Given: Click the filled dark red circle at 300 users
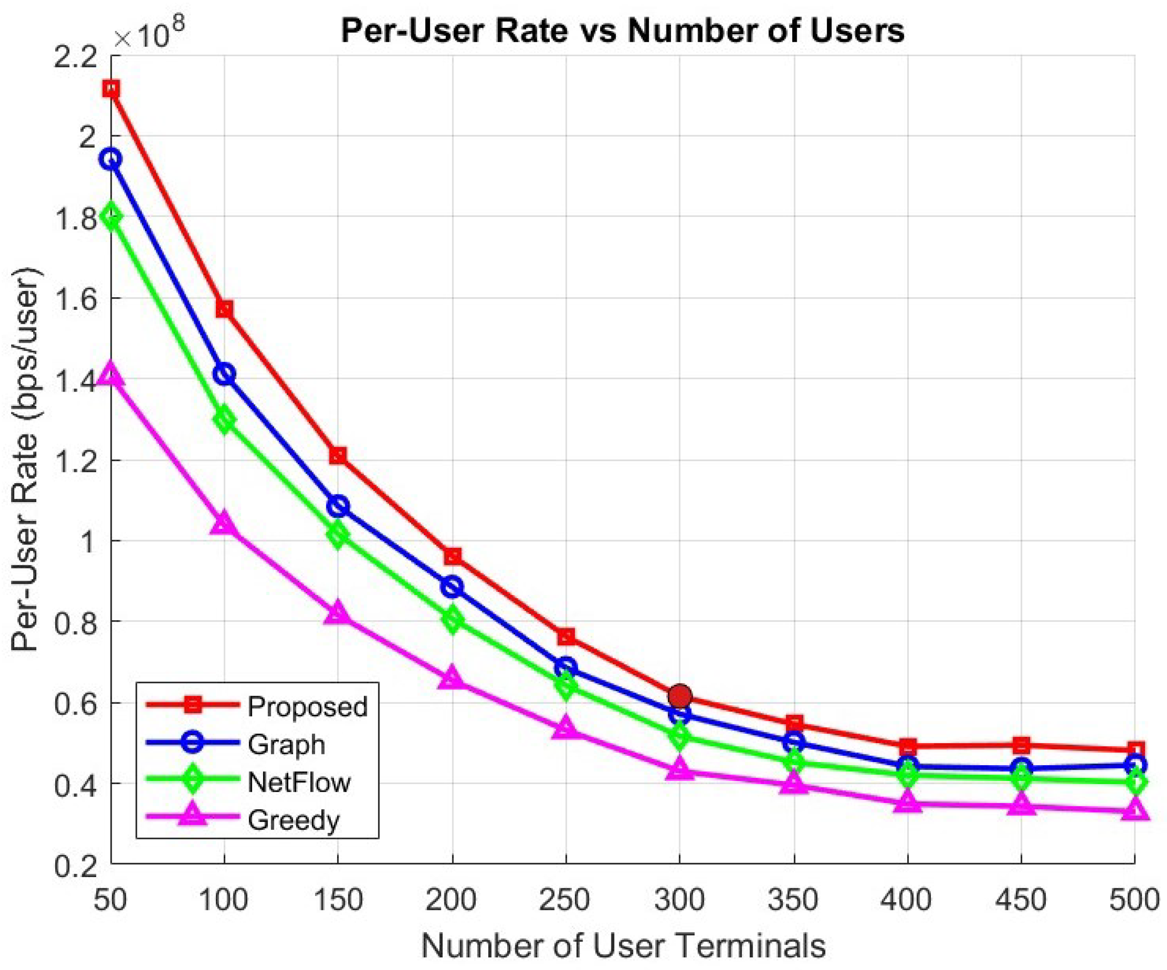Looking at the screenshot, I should [x=680, y=696].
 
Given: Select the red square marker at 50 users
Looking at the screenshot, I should [x=111, y=89].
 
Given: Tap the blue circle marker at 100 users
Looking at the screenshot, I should [x=224, y=374].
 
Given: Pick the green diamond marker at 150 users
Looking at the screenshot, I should [x=338, y=536].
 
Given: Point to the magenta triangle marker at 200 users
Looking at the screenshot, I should [x=452, y=678].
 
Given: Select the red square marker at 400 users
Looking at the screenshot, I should [x=908, y=746].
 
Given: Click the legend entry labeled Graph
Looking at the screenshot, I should [x=286, y=744].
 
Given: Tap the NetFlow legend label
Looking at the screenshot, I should [x=299, y=782].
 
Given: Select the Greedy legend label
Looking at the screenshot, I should [x=294, y=820].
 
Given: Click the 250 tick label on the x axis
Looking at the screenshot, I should [x=565, y=899].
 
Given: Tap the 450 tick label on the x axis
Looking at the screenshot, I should [x=1021, y=899].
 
